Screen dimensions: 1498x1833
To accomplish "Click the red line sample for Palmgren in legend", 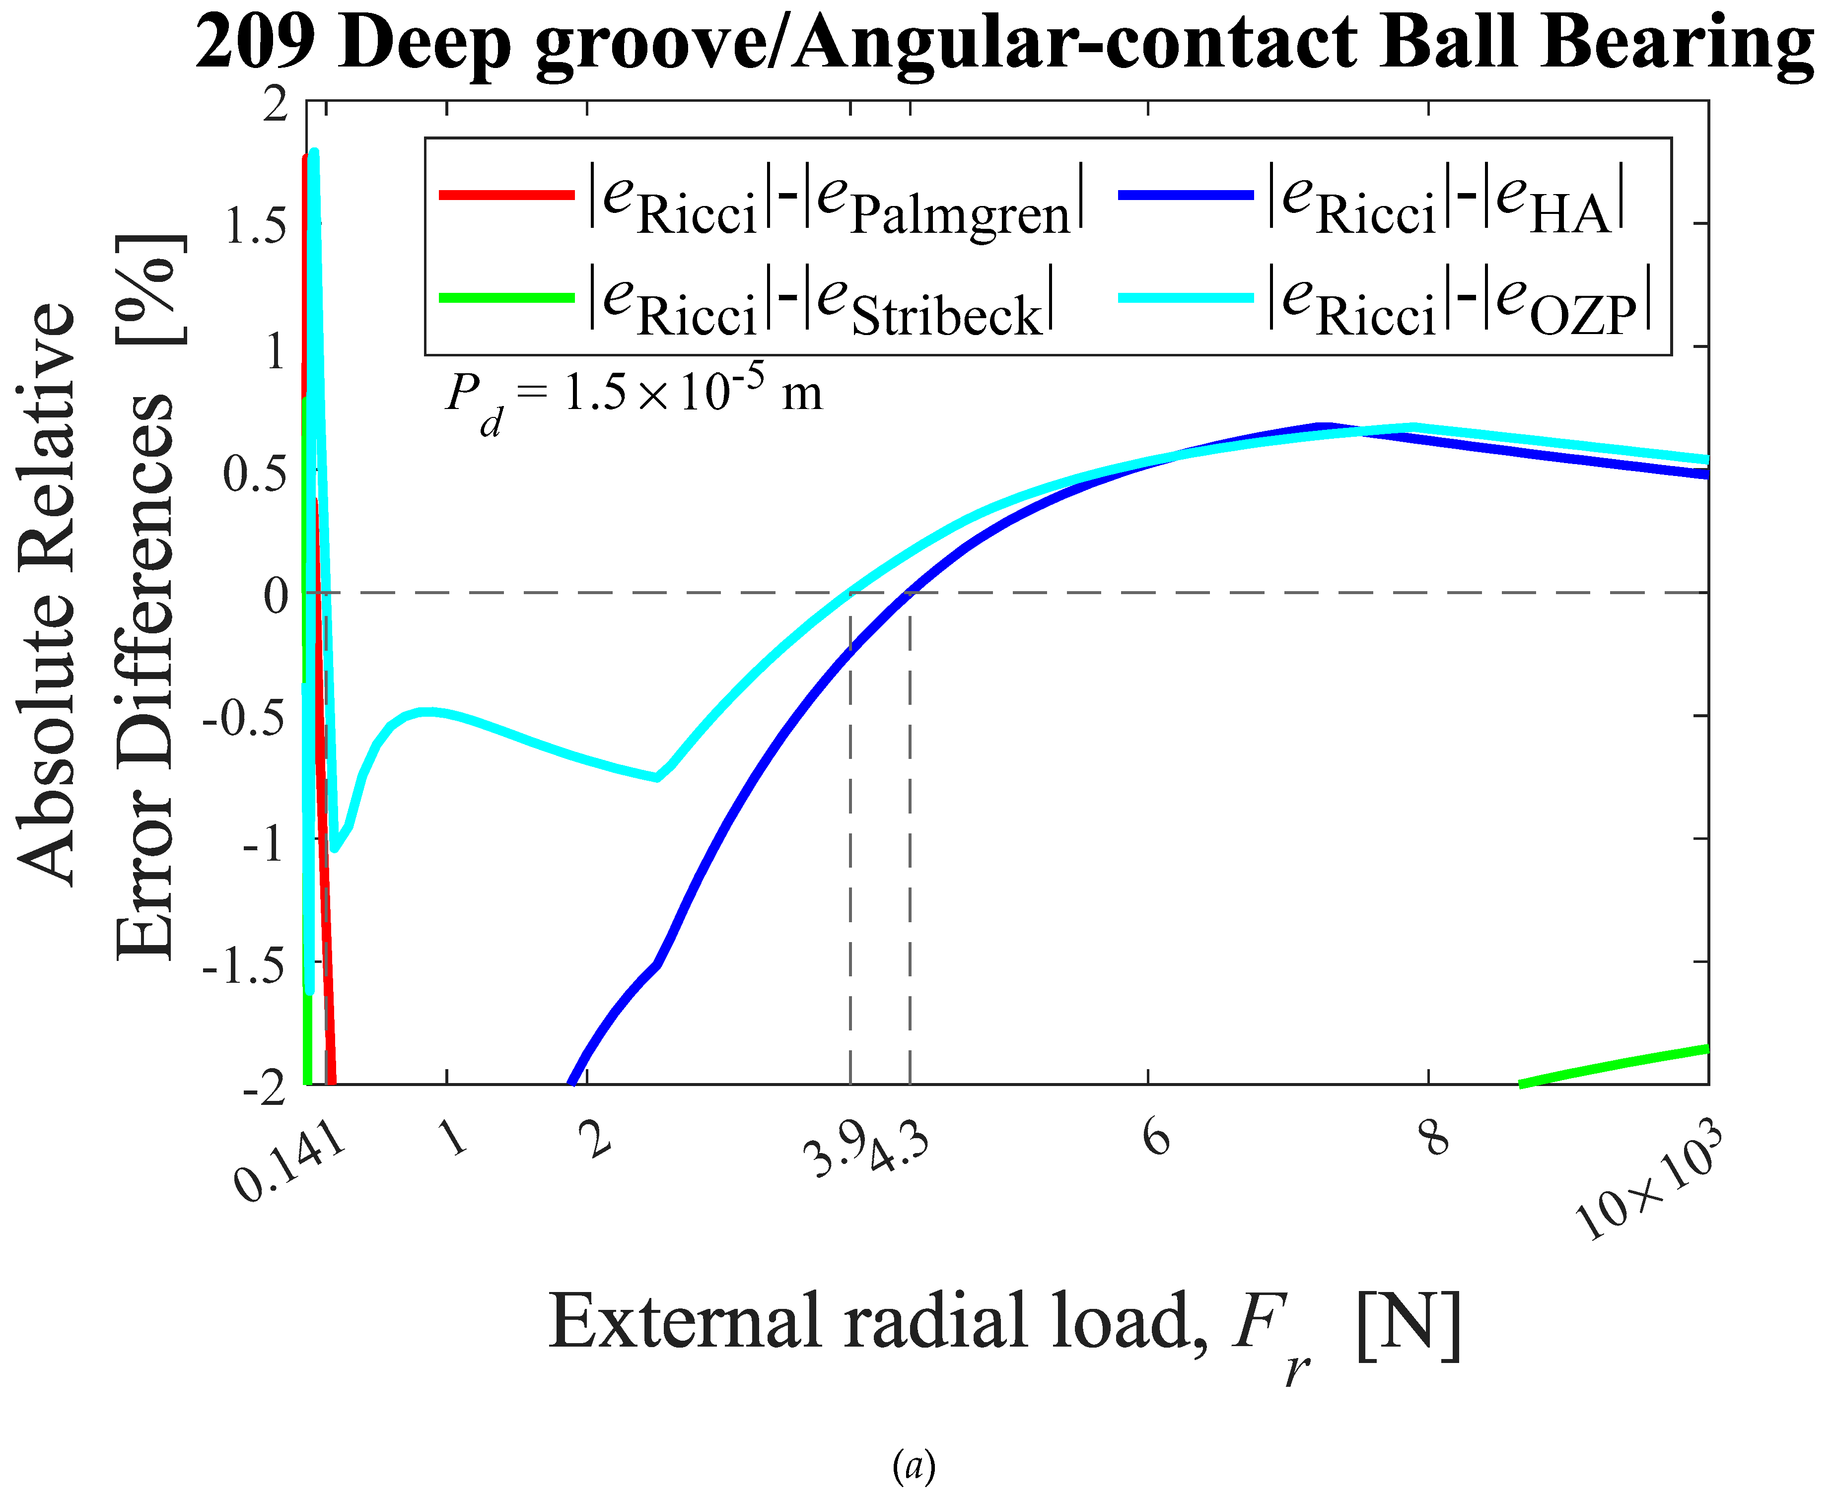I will point(506,195).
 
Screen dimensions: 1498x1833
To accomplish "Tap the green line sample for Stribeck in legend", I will point(506,298).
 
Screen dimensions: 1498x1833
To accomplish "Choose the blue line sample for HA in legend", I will point(1185,195).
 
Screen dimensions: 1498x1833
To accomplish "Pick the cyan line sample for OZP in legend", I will point(1185,298).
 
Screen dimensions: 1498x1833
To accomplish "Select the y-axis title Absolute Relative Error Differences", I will point(99,596).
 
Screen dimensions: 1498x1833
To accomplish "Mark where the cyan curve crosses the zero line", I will point(851,592).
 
